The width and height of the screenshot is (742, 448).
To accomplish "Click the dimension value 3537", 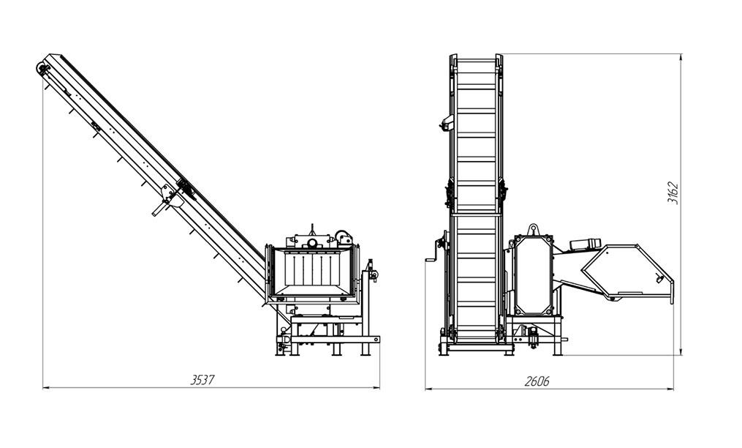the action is [x=202, y=380].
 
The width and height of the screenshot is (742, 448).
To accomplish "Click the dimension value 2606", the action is [x=537, y=381].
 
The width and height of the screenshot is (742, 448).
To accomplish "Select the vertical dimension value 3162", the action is [x=673, y=193].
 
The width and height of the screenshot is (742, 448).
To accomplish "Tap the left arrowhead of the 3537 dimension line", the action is [x=46, y=388].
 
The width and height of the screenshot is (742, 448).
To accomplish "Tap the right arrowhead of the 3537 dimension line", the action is [x=376, y=388].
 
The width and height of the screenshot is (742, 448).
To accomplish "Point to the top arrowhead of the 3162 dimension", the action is [x=681, y=57].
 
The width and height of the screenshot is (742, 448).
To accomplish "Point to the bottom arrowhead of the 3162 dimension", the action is [x=681, y=351].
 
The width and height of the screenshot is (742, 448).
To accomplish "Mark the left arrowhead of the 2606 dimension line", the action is [x=428, y=389].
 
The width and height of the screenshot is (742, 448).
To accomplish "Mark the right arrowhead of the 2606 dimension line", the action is [x=670, y=389].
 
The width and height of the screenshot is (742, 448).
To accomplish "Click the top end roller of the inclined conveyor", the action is [x=43, y=68].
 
